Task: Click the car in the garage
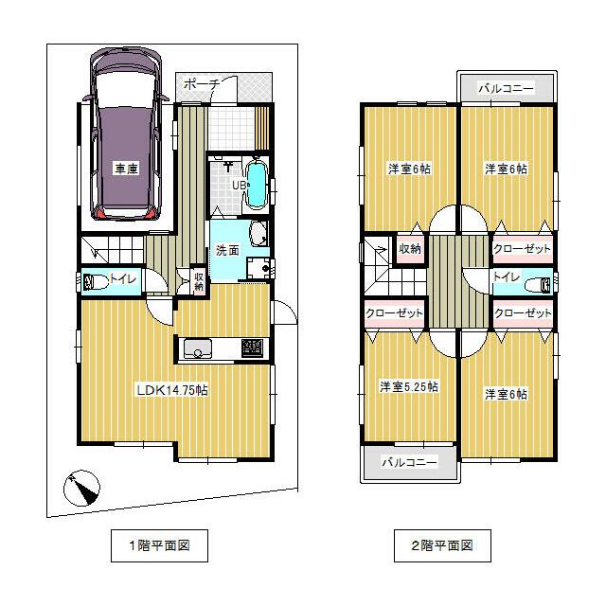[x=126, y=134]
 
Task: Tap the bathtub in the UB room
[x=256, y=186]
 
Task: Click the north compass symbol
[x=82, y=489]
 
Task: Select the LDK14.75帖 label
[x=172, y=390]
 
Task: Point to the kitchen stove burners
[x=253, y=348]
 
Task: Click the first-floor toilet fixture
[x=96, y=281]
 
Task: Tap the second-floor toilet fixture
[x=539, y=286]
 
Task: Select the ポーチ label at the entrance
[x=202, y=84]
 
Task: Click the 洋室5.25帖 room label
[x=409, y=386]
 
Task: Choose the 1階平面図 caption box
[x=159, y=545]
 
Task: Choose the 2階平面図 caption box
[x=442, y=545]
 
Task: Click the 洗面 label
[x=227, y=250]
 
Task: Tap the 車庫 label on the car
[x=126, y=169]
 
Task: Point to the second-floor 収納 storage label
[x=410, y=249]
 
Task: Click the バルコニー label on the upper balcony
[x=507, y=88]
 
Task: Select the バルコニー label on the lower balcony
[x=410, y=462]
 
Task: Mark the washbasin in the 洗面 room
[x=258, y=233]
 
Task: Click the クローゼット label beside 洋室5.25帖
[x=394, y=312]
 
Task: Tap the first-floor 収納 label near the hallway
[x=199, y=281]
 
